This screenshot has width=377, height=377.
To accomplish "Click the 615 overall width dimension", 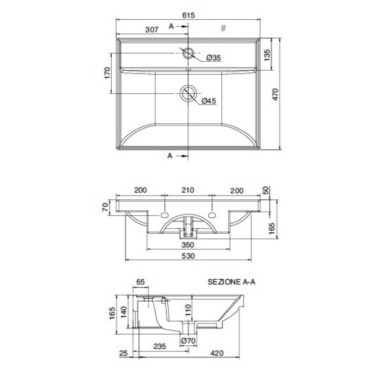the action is pos(188,15).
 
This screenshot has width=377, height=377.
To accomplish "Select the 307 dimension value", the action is pos(152,29).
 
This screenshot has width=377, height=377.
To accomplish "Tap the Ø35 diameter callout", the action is pos(213,57).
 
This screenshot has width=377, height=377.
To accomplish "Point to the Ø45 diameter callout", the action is pos(209,101).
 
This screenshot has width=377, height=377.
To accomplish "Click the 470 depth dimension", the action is pos(275,94).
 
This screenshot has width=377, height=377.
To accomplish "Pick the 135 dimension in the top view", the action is pos(267,55).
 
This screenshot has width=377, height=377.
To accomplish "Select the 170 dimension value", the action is pos(107,73).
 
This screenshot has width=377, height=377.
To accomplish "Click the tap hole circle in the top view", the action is pos(188,53).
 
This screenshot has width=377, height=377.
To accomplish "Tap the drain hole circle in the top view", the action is pos(188,93).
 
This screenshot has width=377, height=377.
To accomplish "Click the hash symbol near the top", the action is pos(223,28).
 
